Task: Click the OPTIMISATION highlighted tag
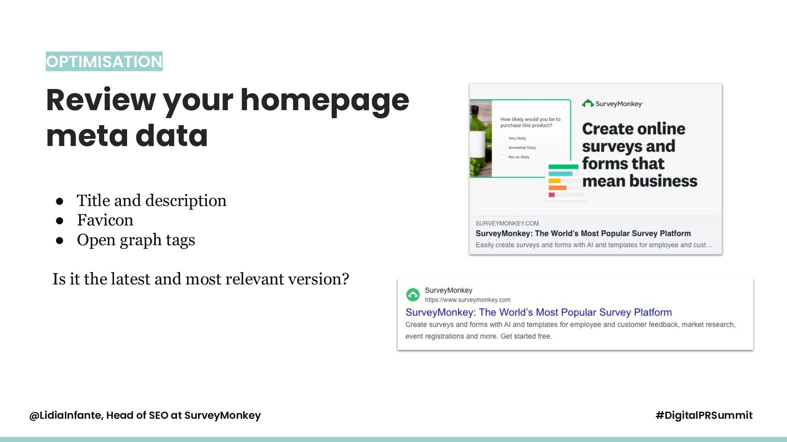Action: (x=104, y=61)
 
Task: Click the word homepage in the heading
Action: (x=325, y=101)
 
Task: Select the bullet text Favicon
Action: (x=105, y=220)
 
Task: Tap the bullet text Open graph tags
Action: (x=136, y=240)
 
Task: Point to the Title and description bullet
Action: (x=151, y=201)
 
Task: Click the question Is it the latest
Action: (x=201, y=279)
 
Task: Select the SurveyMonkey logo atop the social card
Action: (x=612, y=104)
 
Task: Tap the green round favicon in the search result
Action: (x=413, y=295)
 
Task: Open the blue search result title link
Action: (x=539, y=312)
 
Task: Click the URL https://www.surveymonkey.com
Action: (x=468, y=300)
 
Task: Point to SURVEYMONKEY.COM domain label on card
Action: (x=507, y=223)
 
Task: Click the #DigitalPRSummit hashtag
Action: (x=704, y=415)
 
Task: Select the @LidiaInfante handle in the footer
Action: (x=66, y=415)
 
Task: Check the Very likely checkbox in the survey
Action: (x=503, y=138)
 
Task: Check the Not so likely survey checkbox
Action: (x=503, y=157)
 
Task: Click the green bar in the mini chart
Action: (x=563, y=167)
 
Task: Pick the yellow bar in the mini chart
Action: (x=554, y=181)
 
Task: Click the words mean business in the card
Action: (x=639, y=181)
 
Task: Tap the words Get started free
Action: (x=526, y=336)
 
